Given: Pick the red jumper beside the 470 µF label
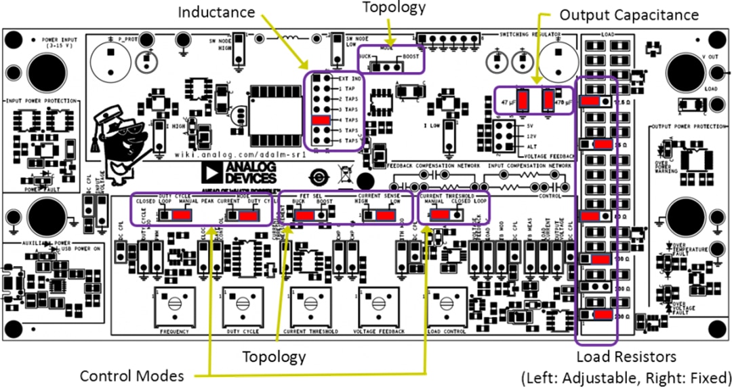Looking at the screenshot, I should coord(548,100).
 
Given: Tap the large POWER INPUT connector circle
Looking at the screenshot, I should coord(43,69).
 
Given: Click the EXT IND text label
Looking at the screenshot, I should coord(350,79).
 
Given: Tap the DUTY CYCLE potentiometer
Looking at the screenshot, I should coord(242,310).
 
